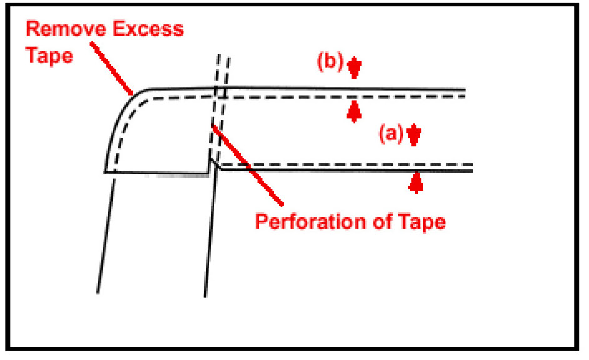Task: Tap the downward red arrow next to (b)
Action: [x=355, y=67]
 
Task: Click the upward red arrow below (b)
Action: [x=355, y=111]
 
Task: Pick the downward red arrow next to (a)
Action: [x=413, y=135]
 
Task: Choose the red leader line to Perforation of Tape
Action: [x=247, y=164]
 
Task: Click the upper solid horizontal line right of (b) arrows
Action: [x=406, y=89]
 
